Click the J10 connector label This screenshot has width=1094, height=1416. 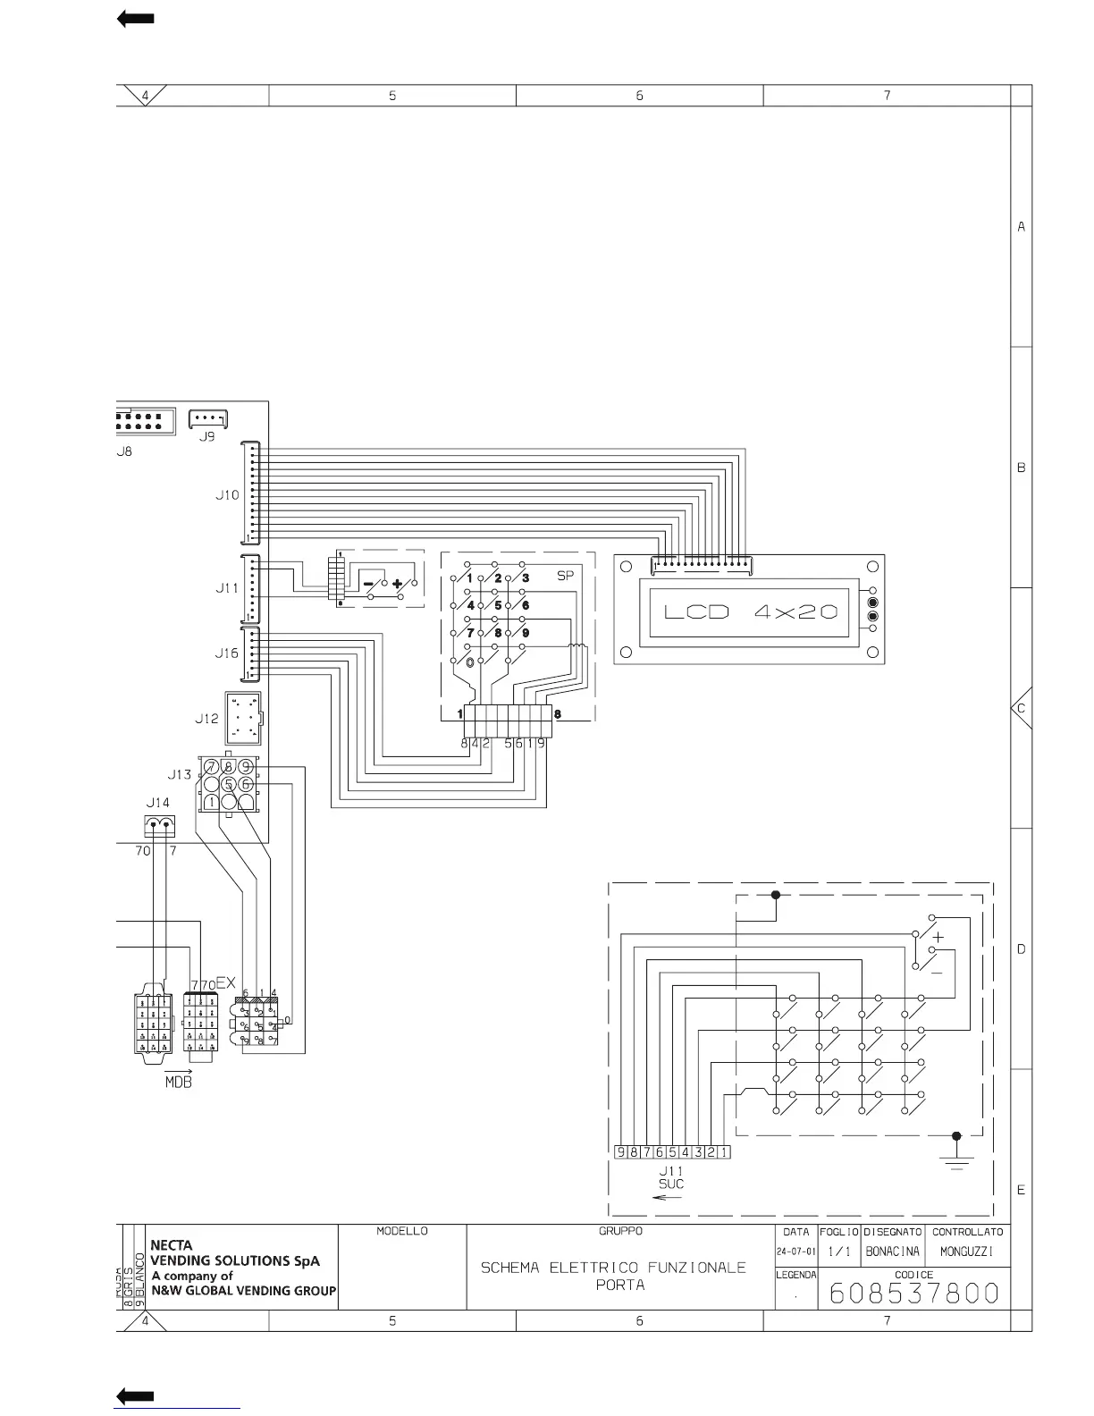click(x=227, y=494)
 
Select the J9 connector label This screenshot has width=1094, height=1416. click(x=206, y=436)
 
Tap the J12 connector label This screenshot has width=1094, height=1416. click(x=206, y=718)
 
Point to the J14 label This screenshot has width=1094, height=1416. click(x=157, y=803)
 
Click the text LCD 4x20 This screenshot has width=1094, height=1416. click(x=751, y=612)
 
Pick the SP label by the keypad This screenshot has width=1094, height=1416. click(x=565, y=577)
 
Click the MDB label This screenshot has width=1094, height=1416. click(x=179, y=1083)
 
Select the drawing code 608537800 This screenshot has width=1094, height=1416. click(x=913, y=1294)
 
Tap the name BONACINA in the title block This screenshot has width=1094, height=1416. click(x=892, y=1252)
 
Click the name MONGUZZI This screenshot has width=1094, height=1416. click(x=967, y=1252)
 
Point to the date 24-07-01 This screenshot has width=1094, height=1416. click(x=795, y=1252)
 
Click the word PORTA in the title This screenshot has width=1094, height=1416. click(x=620, y=1285)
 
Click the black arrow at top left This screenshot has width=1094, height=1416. click(x=136, y=19)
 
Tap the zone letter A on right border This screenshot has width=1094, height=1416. click(x=1022, y=227)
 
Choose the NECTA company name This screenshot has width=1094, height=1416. click(x=172, y=1244)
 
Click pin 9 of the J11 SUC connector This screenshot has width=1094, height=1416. click(x=620, y=1152)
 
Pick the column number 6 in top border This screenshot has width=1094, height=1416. click(x=640, y=96)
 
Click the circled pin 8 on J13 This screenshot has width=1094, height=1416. click(x=229, y=767)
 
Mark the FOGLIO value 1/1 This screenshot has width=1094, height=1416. click(x=838, y=1252)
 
